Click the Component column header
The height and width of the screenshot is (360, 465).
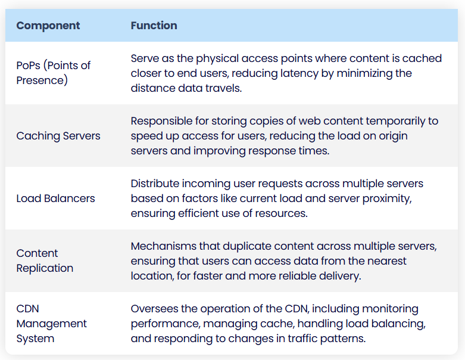[48, 26]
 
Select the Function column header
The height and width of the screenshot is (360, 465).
[154, 26]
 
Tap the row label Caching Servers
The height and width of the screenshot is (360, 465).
[58, 136]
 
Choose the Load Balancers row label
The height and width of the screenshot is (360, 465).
[56, 198]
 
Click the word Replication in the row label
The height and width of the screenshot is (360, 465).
[45, 268]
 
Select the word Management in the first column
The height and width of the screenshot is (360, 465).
[52, 324]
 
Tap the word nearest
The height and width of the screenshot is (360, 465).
[387, 261]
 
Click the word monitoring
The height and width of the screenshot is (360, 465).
[390, 309]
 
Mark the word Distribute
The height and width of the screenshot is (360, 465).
[155, 184]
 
